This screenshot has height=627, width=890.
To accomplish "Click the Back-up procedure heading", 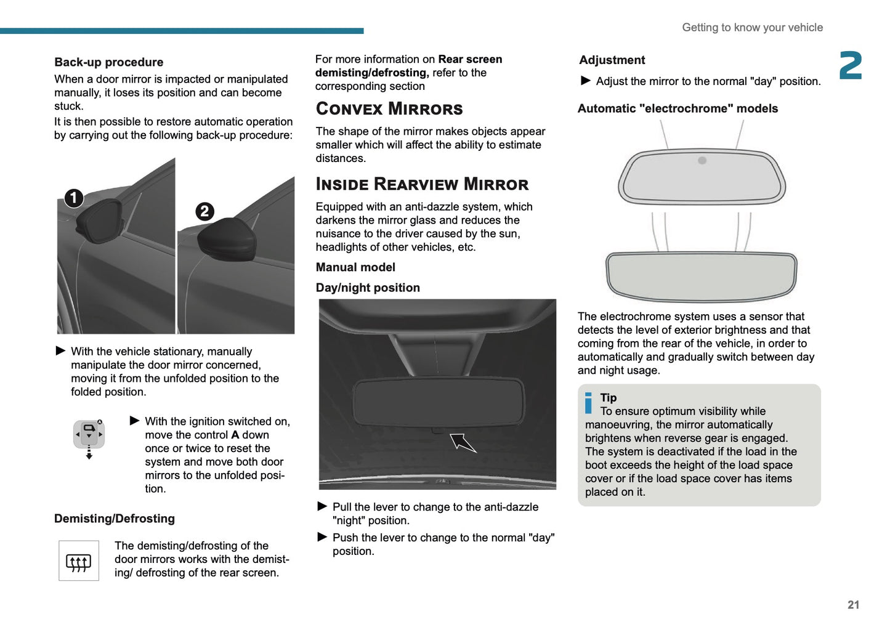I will [108, 62].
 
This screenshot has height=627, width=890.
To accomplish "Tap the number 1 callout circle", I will [74, 198].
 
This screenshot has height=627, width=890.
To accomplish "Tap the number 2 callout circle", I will [204, 211].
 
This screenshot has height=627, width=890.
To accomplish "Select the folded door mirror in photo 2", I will [227, 240].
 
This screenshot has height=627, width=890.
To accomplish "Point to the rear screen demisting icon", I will [78, 561].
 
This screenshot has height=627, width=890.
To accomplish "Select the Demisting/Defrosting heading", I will [114, 519].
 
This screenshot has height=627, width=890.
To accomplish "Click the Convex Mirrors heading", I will [389, 109].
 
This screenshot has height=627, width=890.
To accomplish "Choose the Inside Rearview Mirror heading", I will [422, 184].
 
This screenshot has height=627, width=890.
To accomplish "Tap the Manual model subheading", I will [355, 267].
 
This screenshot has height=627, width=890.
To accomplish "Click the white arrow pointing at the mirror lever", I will [462, 442].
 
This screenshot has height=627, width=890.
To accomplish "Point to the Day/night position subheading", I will [368, 288].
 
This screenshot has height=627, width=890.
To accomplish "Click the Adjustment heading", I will [612, 60].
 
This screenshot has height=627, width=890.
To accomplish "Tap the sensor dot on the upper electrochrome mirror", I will [702, 161].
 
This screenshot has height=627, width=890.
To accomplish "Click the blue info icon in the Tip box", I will [588, 403].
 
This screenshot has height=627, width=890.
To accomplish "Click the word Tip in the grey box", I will [609, 398].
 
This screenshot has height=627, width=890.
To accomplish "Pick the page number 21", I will [853, 605].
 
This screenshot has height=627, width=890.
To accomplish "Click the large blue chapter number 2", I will [851, 66].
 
